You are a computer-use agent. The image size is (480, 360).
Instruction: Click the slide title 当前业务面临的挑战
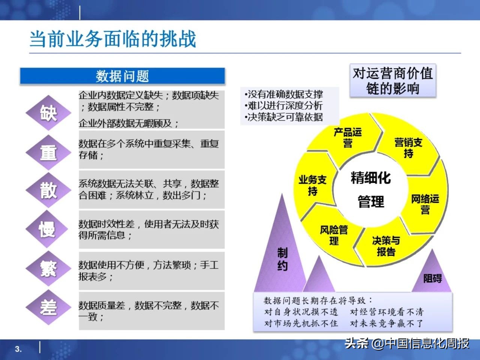(112, 39)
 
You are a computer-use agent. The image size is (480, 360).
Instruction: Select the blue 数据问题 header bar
(122, 76)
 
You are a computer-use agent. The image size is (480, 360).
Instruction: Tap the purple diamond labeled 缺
(48, 112)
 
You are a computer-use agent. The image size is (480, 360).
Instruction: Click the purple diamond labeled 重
(48, 152)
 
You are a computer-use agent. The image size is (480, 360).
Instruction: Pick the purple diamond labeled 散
(48, 190)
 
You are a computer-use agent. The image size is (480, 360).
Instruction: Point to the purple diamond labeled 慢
(48, 229)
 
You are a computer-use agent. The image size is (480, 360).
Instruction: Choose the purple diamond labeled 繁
(48, 268)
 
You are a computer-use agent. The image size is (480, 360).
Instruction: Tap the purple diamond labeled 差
(48, 307)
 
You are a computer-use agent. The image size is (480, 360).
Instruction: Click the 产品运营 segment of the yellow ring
(348, 137)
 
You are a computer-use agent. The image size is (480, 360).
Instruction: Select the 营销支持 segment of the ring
(408, 148)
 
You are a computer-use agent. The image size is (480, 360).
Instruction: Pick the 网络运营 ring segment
(425, 204)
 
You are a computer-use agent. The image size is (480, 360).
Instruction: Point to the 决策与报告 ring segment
(386, 246)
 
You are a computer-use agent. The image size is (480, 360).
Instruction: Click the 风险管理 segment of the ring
(334, 235)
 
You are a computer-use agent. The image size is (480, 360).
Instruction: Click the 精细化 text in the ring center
(370, 178)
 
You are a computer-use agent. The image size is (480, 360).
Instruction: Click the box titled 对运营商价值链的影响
(393, 81)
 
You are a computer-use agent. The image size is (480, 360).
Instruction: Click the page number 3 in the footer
(18, 349)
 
